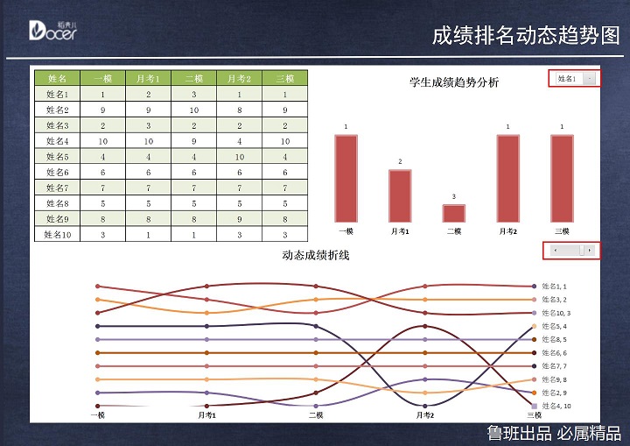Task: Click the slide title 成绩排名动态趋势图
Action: tap(525, 35)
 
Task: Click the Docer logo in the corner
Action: tap(52, 31)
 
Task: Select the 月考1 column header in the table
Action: tap(148, 78)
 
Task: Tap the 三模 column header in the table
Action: tap(285, 78)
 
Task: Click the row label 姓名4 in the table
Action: tap(57, 140)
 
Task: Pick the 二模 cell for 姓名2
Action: tap(193, 110)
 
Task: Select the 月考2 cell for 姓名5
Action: tap(239, 156)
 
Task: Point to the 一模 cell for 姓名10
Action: tap(102, 234)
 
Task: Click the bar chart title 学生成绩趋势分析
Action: tap(454, 82)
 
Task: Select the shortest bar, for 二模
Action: tap(454, 213)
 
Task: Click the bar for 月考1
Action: tap(400, 195)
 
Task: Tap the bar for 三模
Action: tap(562, 178)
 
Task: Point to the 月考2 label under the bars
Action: tap(508, 231)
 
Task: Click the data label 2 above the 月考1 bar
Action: tap(400, 161)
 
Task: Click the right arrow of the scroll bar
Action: tap(591, 251)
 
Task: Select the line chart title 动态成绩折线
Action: tap(316, 255)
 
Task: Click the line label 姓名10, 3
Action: tap(556, 313)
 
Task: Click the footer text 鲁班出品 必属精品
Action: tap(554, 433)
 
